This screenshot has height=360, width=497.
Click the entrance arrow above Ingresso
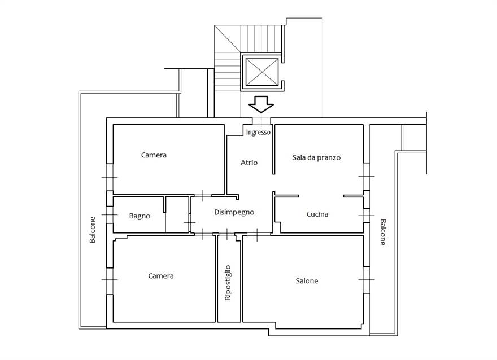click(260, 104)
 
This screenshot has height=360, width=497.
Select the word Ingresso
click(259, 132)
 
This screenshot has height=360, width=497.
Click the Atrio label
click(249, 163)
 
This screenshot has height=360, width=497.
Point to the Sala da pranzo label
click(316, 158)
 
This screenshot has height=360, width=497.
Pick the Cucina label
click(317, 214)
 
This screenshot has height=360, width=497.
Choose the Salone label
click(307, 281)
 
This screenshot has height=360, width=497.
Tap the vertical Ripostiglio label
click(228, 282)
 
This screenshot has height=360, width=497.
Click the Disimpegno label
click(234, 213)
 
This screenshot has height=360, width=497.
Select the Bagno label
click(139, 216)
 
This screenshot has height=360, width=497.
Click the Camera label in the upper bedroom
click(154, 155)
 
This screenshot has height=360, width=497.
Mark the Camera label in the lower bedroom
click(160, 276)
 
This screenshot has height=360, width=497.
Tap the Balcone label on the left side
click(93, 230)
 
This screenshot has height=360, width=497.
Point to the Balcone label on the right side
click(382, 232)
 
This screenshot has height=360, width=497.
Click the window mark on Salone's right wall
click(366, 280)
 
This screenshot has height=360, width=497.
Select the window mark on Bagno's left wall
click(109, 215)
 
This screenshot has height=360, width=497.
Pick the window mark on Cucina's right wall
click(366, 216)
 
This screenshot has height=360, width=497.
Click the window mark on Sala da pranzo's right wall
click(366, 177)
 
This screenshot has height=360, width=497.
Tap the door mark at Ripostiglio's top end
click(227, 233)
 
